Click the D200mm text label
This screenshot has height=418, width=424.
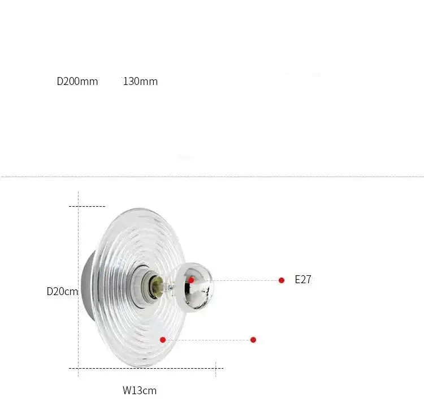(77, 81)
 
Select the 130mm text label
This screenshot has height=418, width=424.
(140, 81)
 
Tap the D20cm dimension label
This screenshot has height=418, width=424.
(62, 292)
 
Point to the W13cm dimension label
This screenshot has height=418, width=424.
(140, 391)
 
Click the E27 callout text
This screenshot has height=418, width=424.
(303, 280)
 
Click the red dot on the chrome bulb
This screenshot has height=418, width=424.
(192, 280)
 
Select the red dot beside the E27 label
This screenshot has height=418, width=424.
(281, 280)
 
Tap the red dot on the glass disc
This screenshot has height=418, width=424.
(163, 340)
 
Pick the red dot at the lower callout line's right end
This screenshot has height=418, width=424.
(253, 340)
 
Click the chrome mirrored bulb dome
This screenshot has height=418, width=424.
(194, 287)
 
